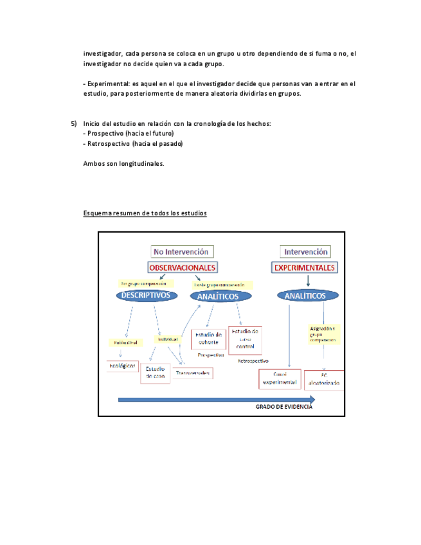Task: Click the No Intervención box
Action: click(182, 251)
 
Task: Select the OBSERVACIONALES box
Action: click(183, 267)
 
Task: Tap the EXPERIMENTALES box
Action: click(305, 267)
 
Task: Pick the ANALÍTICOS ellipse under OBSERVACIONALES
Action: click(215, 296)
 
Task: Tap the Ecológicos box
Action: click(122, 366)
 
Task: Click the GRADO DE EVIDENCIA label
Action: click(284, 407)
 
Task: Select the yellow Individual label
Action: click(168, 339)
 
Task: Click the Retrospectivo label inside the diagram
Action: click(253, 361)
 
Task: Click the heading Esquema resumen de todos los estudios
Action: click(145, 213)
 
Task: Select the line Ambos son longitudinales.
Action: click(123, 163)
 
